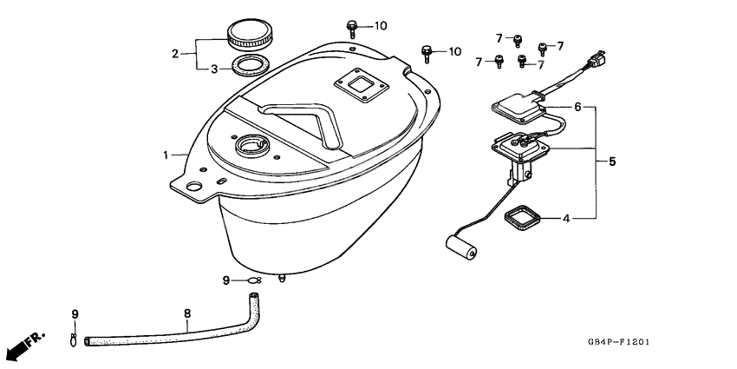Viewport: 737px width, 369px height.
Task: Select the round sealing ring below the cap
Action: click(x=250, y=66)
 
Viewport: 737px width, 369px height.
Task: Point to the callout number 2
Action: click(x=175, y=54)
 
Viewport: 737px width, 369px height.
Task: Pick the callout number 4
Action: click(x=566, y=218)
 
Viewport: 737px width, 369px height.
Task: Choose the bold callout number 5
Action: click(x=611, y=161)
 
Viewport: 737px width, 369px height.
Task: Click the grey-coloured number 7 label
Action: click(x=540, y=64)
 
